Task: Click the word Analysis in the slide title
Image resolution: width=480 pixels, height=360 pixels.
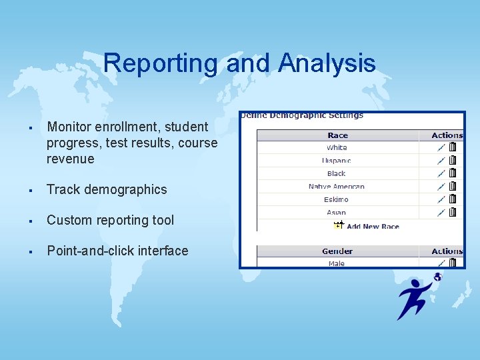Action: coord(327,63)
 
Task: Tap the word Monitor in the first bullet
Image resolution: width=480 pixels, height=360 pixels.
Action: coord(71,127)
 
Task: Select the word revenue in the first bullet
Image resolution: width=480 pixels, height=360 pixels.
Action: coord(71,159)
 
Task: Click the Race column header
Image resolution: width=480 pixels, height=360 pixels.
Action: coord(337,135)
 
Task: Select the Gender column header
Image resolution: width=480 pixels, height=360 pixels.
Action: coord(337,251)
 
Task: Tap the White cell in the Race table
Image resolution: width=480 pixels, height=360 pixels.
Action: coord(337,147)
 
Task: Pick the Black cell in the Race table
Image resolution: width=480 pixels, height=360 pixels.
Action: coord(337,173)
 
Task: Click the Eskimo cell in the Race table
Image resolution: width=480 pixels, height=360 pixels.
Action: coord(337,199)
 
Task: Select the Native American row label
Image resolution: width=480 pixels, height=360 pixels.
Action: coord(337,187)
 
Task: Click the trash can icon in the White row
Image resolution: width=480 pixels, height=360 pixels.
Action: coord(453,147)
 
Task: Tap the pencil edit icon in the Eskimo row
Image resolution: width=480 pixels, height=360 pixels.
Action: coord(441,199)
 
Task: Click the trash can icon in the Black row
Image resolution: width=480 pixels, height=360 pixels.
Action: coord(453,173)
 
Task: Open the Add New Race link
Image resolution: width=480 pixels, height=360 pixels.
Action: coord(372,226)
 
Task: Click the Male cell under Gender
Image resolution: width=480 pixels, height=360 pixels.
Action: coord(337,263)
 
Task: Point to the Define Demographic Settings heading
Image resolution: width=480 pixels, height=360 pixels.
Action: coord(302,115)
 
